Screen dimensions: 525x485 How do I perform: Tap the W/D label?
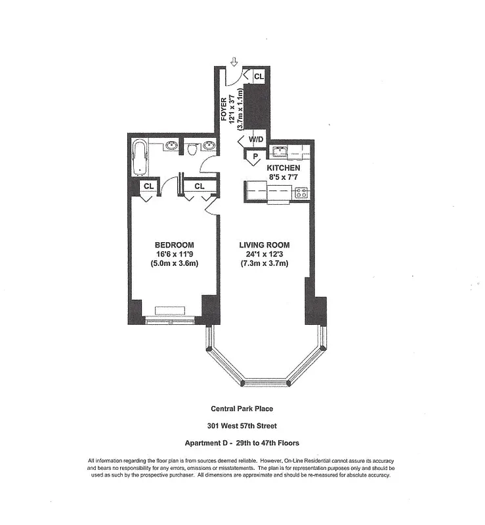coord(256,139)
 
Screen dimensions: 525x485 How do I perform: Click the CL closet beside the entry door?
coord(258,77)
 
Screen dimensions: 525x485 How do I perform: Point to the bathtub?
coord(139,157)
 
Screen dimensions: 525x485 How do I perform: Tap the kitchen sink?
coord(280,152)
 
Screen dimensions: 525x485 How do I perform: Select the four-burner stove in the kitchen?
coord(301,192)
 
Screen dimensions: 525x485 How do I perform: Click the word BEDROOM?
coord(170,245)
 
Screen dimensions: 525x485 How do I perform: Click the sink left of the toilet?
coord(170,146)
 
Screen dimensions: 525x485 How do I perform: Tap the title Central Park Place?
coord(242,409)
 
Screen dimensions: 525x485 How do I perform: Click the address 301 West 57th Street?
coord(242,426)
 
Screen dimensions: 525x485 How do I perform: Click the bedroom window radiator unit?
coord(170,310)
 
